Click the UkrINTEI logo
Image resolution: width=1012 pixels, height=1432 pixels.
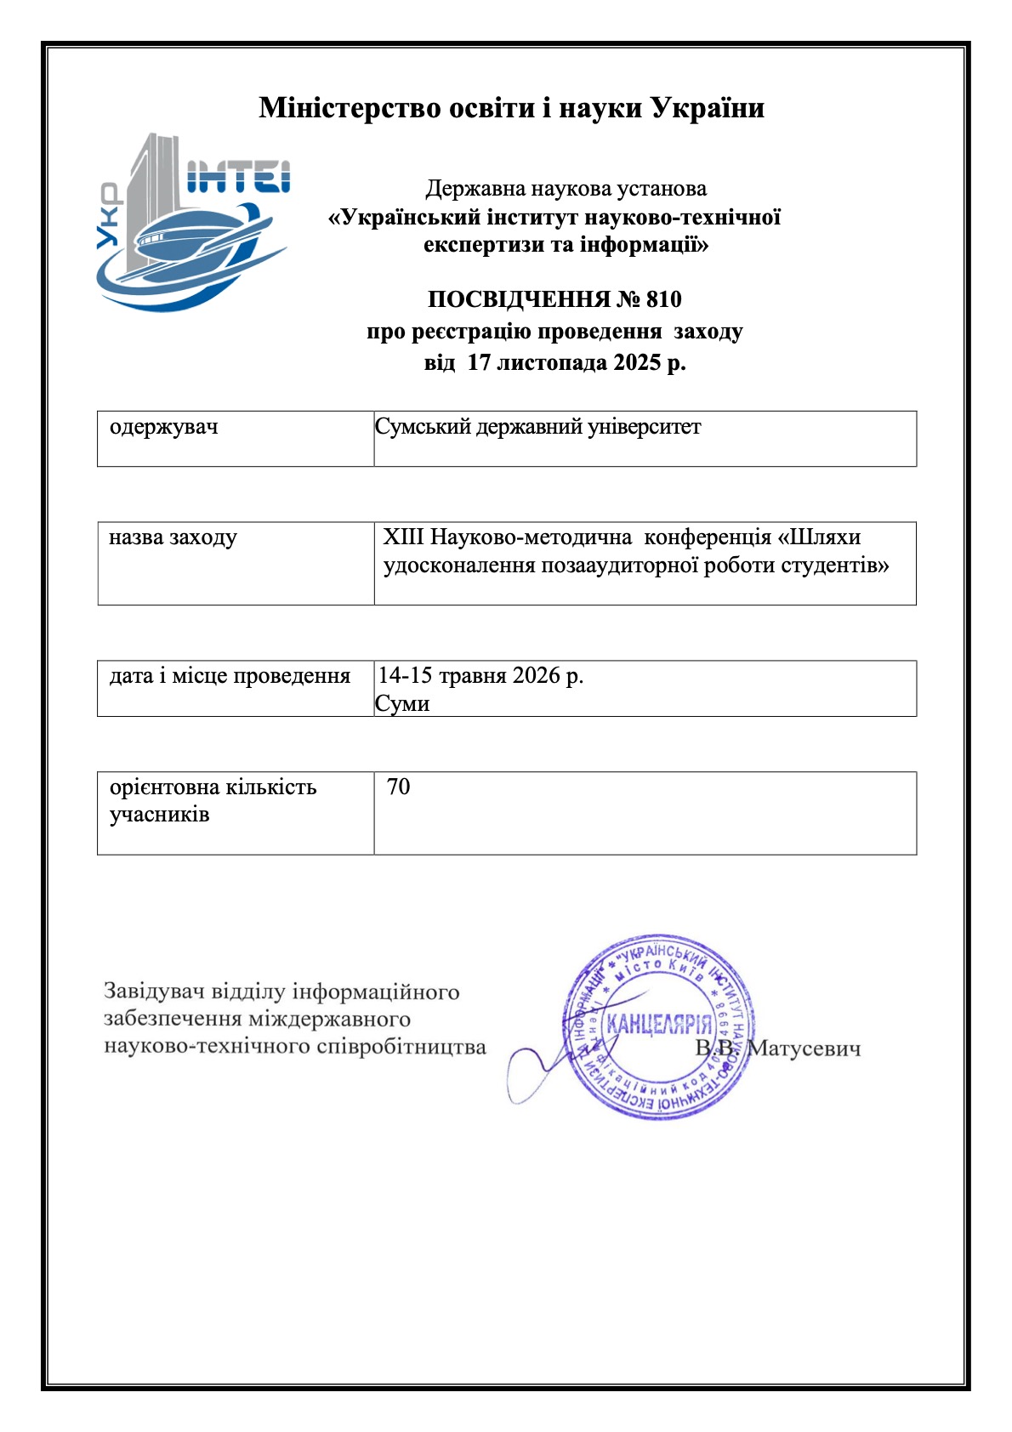click(192, 223)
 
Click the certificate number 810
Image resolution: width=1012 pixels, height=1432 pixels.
click(663, 299)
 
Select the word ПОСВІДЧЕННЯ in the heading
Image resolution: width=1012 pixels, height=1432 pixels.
click(519, 299)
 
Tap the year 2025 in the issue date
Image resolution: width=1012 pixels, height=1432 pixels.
click(637, 363)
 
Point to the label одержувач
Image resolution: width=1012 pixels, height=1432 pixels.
click(163, 427)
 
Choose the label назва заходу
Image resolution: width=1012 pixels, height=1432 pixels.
click(173, 537)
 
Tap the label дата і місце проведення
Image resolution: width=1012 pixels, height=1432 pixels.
click(230, 676)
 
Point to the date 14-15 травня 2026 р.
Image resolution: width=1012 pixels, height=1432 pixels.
click(480, 676)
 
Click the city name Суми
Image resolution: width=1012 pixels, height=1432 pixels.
click(402, 704)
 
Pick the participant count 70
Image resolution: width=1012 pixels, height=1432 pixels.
click(398, 787)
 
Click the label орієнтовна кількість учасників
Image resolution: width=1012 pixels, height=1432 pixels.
click(213, 800)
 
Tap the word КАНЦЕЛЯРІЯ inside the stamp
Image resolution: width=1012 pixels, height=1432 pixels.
click(659, 1024)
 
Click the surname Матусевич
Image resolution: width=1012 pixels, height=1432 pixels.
click(804, 1048)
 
